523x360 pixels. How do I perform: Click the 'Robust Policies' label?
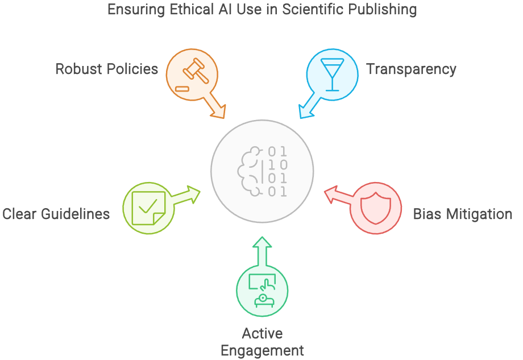(x=106, y=69)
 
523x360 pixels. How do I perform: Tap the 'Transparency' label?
(x=411, y=69)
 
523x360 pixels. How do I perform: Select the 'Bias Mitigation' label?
(x=462, y=214)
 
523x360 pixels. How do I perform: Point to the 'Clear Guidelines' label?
(x=56, y=214)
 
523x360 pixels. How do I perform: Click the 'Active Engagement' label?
(x=262, y=342)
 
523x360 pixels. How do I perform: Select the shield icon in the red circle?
(x=376, y=208)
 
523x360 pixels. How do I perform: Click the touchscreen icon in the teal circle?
(x=262, y=289)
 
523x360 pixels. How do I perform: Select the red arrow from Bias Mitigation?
(x=337, y=196)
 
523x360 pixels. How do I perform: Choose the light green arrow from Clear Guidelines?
(x=186, y=196)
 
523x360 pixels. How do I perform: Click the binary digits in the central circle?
(x=277, y=171)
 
